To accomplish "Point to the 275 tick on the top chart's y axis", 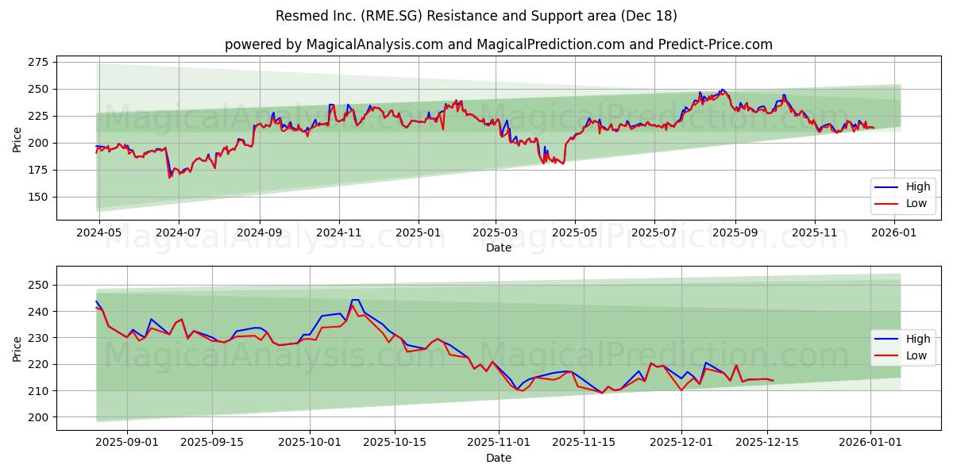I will point(37,62).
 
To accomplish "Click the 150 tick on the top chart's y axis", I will point(37,197).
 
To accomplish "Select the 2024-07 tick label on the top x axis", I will point(177,233).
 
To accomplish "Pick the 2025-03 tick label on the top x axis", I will point(496,233).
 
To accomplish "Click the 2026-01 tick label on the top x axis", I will point(894,233).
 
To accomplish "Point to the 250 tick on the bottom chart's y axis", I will point(37,285).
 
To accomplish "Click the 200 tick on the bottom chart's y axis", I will point(37,417).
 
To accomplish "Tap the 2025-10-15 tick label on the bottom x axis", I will point(395,443).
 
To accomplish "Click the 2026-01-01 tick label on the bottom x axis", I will point(870,443).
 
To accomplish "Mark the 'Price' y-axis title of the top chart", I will point(17,139).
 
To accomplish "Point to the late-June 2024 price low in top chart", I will point(169,177).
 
